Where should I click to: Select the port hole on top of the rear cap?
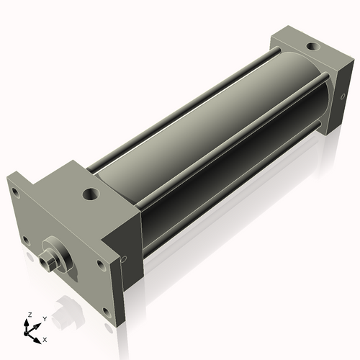coord(311,48)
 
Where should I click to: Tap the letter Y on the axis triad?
coord(44,318)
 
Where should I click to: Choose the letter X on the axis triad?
coord(45,338)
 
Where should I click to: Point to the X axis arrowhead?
coord(38,336)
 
